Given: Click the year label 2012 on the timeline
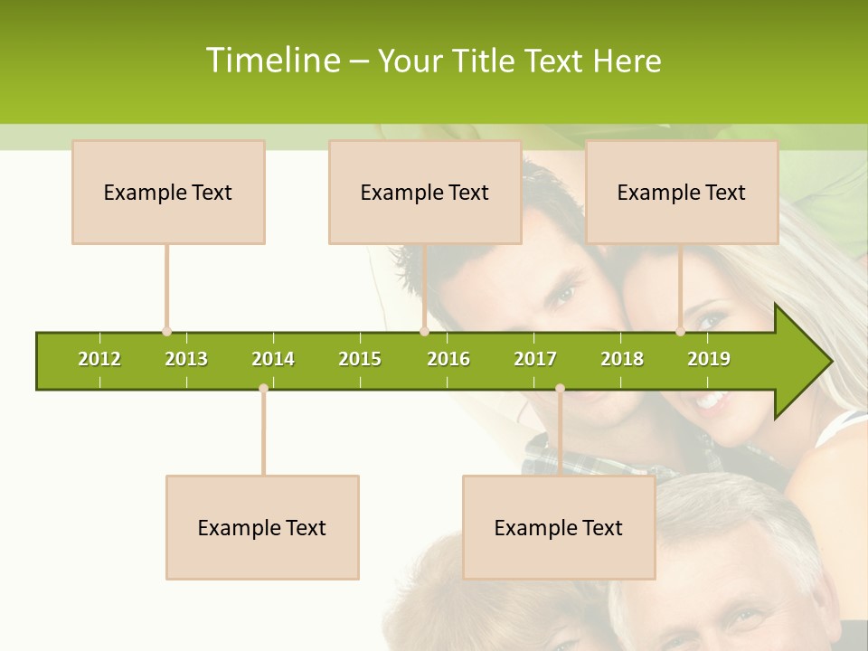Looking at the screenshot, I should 99,359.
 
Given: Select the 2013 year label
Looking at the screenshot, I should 186,359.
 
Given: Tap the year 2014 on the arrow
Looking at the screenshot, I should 273,359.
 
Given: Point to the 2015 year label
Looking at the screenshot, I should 360,359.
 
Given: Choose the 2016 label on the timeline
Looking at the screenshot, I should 448,359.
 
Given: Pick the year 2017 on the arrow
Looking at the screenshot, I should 535,359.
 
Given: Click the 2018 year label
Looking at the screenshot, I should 622,359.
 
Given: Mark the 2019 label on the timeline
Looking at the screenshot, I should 709,359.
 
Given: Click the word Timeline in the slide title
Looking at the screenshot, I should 272,61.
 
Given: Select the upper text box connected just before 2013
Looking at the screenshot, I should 168,192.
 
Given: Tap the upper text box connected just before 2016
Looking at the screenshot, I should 425,192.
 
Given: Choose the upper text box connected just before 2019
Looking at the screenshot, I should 682,192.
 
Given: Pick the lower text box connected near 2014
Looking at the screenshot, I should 262,527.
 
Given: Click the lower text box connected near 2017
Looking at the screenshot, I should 559,527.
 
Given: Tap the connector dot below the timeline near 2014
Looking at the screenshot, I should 263,388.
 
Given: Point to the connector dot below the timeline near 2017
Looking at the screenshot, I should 560,388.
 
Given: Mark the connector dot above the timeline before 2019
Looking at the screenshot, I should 681,332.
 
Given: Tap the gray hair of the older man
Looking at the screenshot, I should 714,506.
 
